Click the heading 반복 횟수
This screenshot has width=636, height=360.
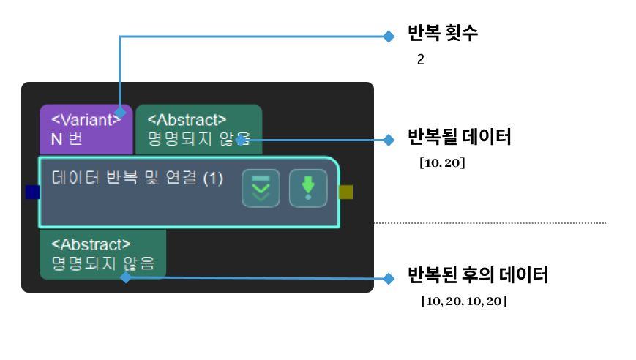[x=443, y=34]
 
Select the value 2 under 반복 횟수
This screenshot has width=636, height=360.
[x=421, y=60]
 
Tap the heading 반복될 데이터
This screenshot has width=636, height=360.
[x=459, y=137]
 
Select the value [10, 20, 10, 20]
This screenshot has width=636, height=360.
[x=464, y=301]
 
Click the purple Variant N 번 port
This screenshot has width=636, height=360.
[x=86, y=129]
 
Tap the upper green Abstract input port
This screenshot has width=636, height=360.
[x=198, y=129]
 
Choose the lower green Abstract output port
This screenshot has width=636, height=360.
[x=102, y=254]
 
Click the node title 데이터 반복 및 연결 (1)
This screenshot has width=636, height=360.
[x=138, y=178]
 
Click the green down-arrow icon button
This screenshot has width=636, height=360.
[x=308, y=188]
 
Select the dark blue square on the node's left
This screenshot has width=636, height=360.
[x=32, y=192]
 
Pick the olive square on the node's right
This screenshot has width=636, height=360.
[x=346, y=192]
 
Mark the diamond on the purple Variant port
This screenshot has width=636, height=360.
[x=120, y=112]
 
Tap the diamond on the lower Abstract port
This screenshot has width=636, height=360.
[x=125, y=277]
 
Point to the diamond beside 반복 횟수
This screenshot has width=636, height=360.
[x=389, y=36]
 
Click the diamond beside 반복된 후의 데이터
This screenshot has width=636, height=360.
[x=389, y=278]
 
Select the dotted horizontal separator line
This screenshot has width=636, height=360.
[x=490, y=222]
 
